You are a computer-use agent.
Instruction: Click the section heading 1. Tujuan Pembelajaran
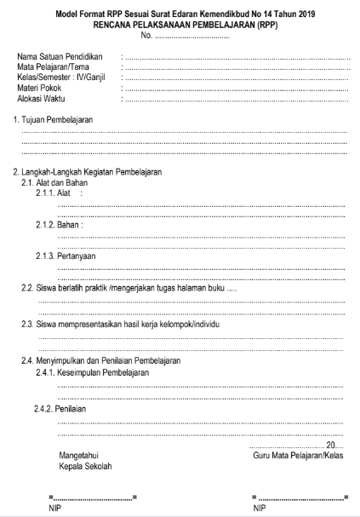[x=54, y=120]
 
